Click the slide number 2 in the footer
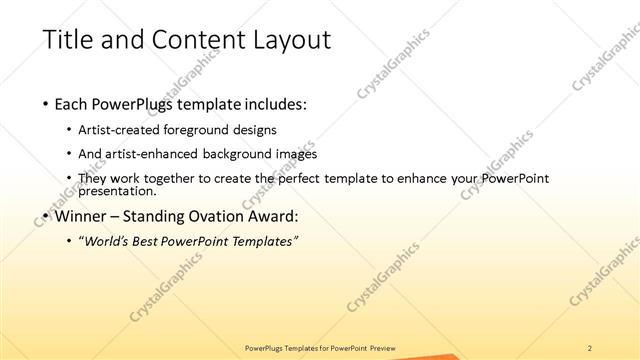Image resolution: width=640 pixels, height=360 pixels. click(x=590, y=347)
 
